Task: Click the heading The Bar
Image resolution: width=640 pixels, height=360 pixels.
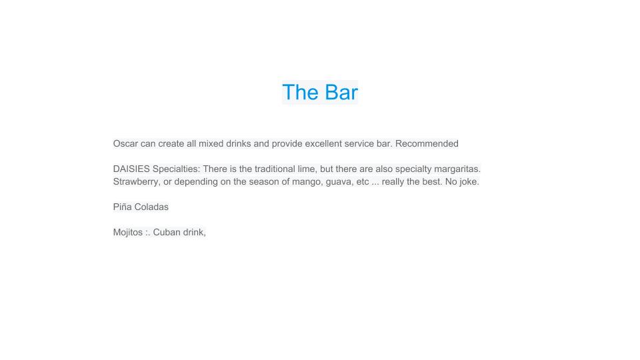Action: click(320, 92)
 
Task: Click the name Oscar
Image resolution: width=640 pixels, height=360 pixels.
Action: click(126, 144)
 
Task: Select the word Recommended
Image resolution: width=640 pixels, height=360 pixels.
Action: click(427, 144)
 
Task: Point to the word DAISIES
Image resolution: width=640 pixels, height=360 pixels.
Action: click(131, 169)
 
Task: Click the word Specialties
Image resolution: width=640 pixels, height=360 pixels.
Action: click(176, 169)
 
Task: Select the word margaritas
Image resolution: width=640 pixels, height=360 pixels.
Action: click(457, 169)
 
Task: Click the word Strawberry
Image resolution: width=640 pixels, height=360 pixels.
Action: click(136, 181)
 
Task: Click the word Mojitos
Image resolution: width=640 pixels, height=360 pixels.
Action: click(128, 232)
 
